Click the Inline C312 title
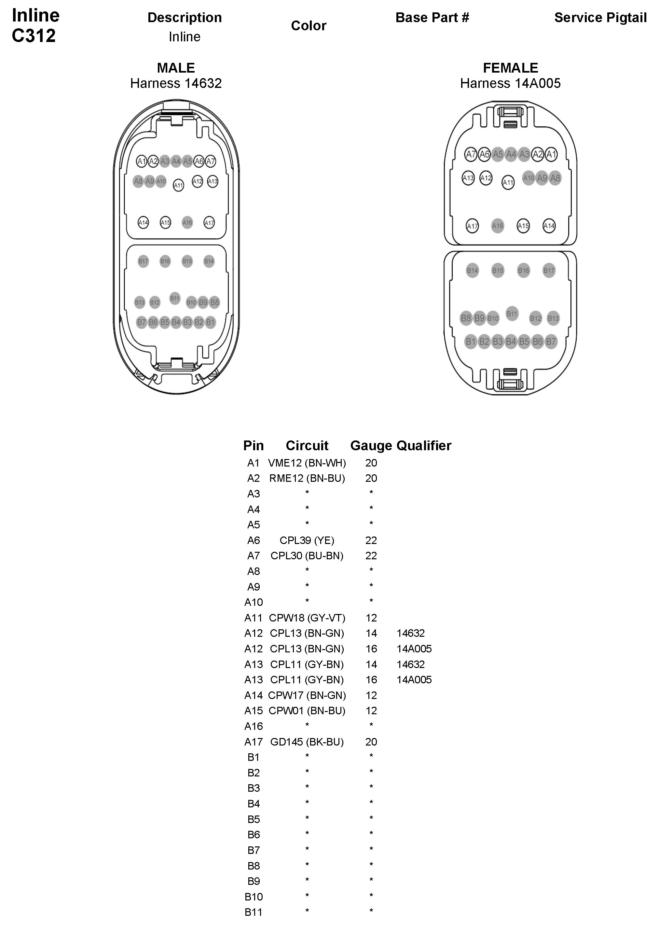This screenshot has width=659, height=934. (x=35, y=25)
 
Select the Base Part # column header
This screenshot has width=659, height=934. (x=432, y=18)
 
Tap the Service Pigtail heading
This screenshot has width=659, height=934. (x=600, y=18)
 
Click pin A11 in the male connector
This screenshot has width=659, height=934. (x=178, y=185)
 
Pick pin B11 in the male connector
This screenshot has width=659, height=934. (x=175, y=298)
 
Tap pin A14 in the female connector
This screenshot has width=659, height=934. (x=549, y=226)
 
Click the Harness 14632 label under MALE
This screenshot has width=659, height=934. (x=176, y=83)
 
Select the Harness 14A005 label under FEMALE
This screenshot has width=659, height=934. (x=510, y=83)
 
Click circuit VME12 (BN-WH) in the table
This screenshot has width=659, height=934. (x=307, y=463)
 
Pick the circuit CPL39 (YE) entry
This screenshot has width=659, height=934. (x=307, y=540)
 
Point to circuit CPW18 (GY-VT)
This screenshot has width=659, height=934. (x=307, y=618)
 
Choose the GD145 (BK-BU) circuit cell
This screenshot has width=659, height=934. (x=307, y=742)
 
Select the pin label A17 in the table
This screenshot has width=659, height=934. (x=253, y=742)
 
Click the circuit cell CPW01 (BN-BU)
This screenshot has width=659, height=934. (x=307, y=711)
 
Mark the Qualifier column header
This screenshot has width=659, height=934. (x=424, y=445)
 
